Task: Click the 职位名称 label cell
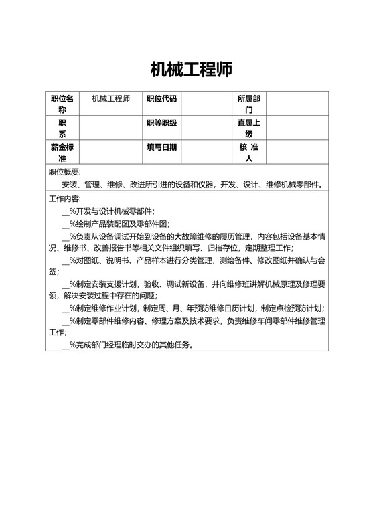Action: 62,104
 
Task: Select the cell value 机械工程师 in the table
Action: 110,99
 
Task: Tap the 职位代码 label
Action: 161,99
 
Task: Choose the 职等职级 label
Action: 161,123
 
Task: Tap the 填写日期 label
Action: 161,147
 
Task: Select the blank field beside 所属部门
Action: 299,104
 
